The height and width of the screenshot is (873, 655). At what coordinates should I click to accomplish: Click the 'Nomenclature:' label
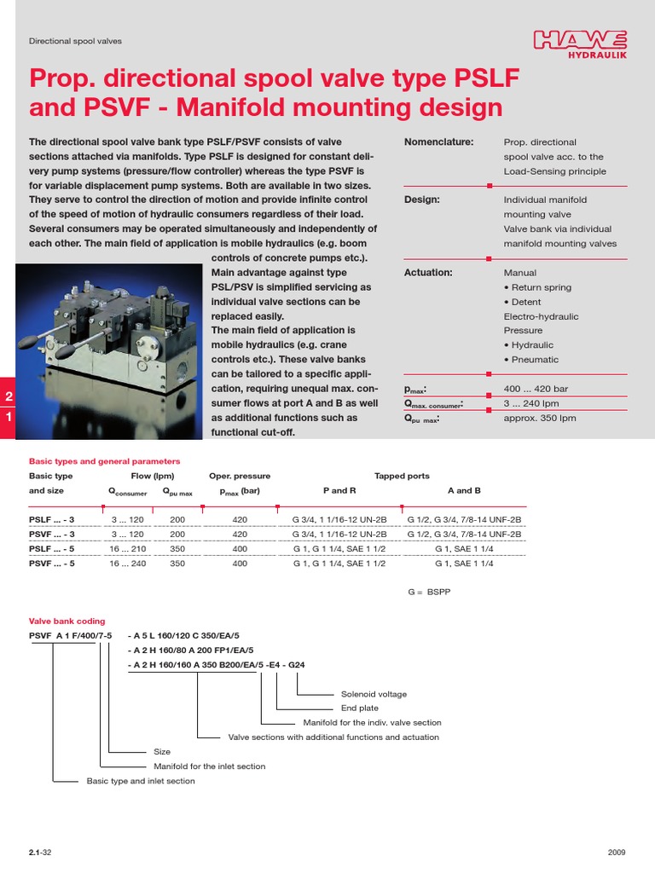[x=438, y=142]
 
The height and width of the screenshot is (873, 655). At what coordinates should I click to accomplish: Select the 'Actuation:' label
[x=428, y=273]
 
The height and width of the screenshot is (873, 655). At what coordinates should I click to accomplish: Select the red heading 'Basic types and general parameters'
[x=105, y=461]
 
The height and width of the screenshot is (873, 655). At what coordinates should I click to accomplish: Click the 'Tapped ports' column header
[x=402, y=476]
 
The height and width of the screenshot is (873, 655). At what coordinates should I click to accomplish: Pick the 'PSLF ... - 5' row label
[x=52, y=549]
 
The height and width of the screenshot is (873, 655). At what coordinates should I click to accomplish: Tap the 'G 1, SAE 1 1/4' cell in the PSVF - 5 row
[x=464, y=564]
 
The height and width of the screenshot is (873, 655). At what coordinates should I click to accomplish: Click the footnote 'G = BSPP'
[x=428, y=592]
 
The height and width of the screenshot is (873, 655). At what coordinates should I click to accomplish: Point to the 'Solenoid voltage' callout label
[x=374, y=694]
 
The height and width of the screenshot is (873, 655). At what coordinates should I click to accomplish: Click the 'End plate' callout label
[x=360, y=708]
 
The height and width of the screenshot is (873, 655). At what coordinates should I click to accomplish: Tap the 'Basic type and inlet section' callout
[x=141, y=781]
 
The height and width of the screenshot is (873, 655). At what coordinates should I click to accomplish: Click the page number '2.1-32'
[x=40, y=853]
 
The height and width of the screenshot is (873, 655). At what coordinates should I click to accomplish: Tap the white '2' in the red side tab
[x=9, y=396]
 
